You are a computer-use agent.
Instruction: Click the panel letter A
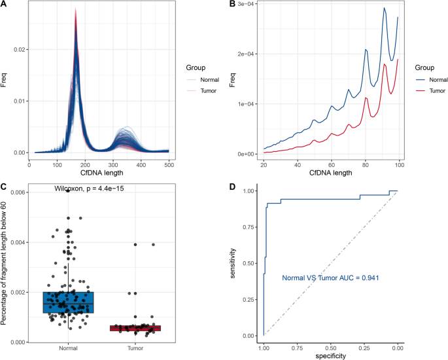click(x=3, y=5)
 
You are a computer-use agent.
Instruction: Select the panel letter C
click(x=3, y=186)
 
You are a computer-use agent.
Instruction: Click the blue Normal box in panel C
click(x=68, y=302)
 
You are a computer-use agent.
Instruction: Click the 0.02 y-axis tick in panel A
click(x=20, y=50)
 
